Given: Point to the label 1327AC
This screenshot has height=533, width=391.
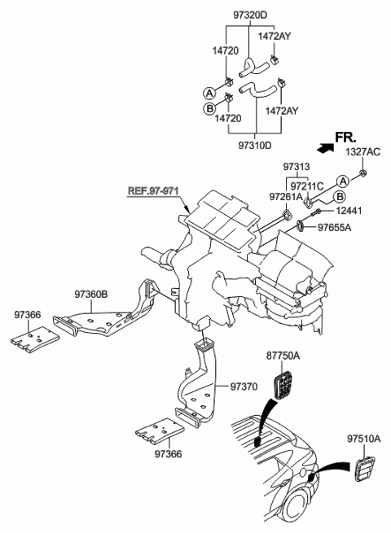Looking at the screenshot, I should click(x=361, y=152).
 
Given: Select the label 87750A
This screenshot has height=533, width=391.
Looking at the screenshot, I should click(x=282, y=356).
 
